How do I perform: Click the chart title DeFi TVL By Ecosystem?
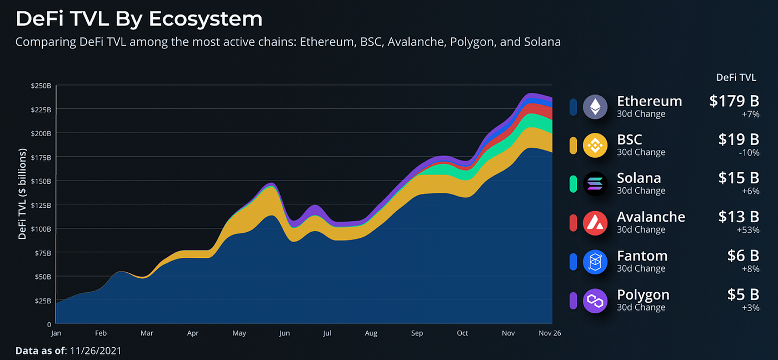pyautogui.click(x=139, y=19)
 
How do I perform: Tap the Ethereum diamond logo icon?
pyautogui.click(x=595, y=106)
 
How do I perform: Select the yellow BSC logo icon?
pyautogui.click(x=595, y=145)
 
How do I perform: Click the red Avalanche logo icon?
pyautogui.click(x=595, y=223)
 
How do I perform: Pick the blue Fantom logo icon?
pyautogui.click(x=595, y=262)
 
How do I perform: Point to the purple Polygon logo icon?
pyautogui.click(x=595, y=301)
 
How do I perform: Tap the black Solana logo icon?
pyautogui.click(x=595, y=184)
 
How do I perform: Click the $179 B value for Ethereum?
pyautogui.click(x=734, y=101)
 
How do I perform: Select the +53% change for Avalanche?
pyautogui.click(x=748, y=230)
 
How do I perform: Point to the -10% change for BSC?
pyautogui.click(x=749, y=152)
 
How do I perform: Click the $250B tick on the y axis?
pyautogui.click(x=41, y=86)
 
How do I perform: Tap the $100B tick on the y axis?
pyautogui.click(x=41, y=228)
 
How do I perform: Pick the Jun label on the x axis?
pyautogui.click(x=284, y=333)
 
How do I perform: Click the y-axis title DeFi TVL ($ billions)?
pyautogui.click(x=23, y=194)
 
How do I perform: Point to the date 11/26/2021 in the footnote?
pyautogui.click(x=96, y=351)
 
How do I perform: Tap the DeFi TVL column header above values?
pyautogui.click(x=736, y=78)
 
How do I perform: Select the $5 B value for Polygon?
pyautogui.click(x=743, y=295)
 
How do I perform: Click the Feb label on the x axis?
pyautogui.click(x=101, y=333)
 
